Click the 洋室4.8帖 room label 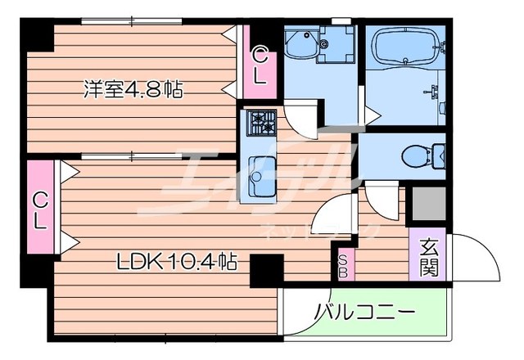click(130, 88)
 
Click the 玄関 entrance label click(429, 256)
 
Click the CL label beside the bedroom click(260, 67)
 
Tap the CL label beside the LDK click(39, 209)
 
